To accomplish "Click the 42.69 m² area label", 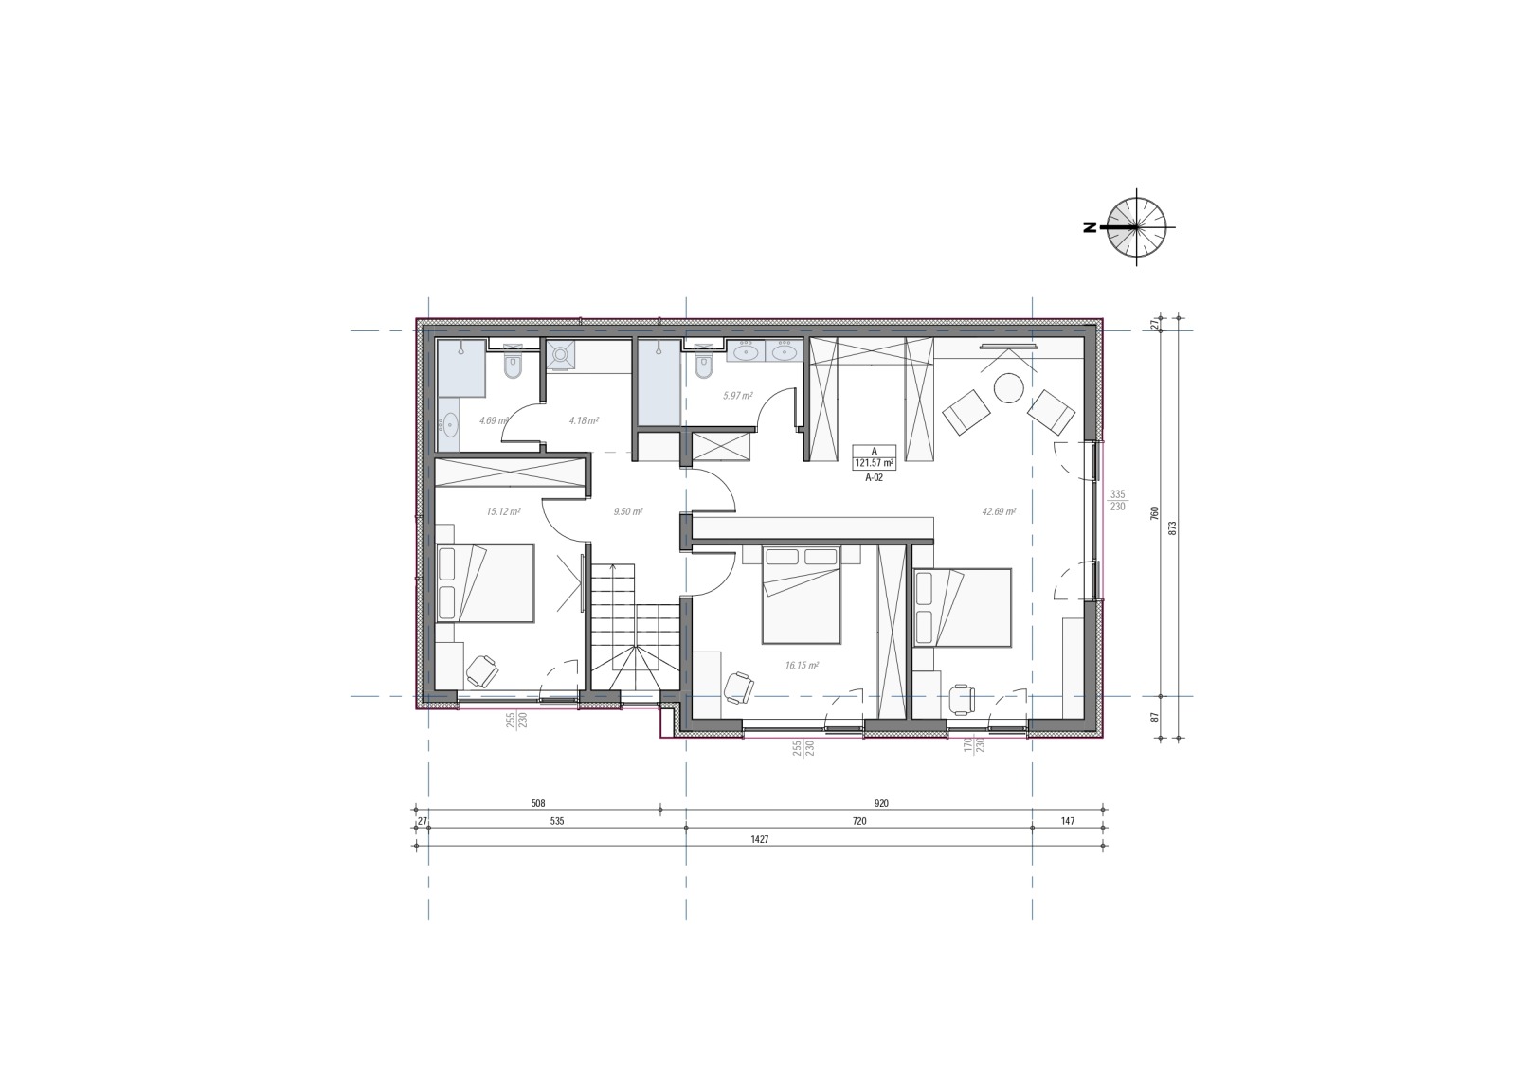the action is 999,512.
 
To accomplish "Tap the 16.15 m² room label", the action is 802,666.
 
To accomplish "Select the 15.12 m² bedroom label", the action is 503,512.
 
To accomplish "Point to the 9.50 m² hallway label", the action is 628,512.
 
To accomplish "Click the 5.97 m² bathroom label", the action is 738,396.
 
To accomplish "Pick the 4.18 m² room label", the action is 584,420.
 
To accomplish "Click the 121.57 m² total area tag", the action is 875,463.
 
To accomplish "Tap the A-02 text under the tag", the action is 875,477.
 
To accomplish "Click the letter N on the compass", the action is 1090,228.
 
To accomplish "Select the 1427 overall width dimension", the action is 759,840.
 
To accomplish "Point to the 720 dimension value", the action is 858,822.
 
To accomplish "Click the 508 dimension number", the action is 538,804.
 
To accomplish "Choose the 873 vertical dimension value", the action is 1173,527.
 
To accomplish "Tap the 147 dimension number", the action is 1067,822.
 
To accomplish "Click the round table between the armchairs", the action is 1009,389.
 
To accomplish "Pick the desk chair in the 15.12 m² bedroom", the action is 482,671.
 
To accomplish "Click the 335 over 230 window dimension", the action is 1117,501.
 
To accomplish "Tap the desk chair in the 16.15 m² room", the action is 739,688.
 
